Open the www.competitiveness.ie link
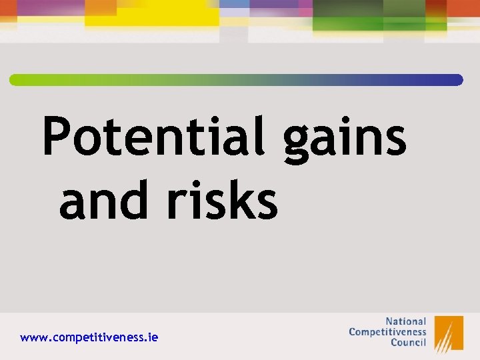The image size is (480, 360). pyautogui.click(x=89, y=338)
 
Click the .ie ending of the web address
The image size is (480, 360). pyautogui.click(x=151, y=338)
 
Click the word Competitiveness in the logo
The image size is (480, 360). pyautogui.click(x=387, y=331)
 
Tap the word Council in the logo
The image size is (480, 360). pyautogui.click(x=408, y=343)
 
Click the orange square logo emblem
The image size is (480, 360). pyautogui.click(x=449, y=333)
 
